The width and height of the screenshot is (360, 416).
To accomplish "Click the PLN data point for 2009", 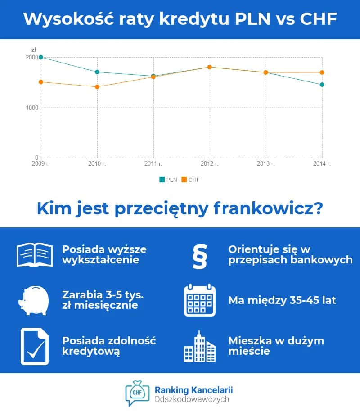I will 41,57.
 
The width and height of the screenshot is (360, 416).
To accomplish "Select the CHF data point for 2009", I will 41,82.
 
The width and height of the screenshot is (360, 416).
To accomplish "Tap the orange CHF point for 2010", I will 97,87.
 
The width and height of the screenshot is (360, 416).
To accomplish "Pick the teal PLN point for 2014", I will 322,85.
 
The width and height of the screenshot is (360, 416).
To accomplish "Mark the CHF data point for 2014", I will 322,72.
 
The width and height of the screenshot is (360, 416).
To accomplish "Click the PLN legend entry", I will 168,180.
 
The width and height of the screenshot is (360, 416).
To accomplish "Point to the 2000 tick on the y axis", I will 32,57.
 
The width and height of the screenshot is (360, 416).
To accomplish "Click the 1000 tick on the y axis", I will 32,108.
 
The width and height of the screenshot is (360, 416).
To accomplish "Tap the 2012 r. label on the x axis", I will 210,164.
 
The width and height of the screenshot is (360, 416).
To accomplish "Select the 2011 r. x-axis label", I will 153,164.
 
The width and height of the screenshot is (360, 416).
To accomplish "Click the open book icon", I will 35,255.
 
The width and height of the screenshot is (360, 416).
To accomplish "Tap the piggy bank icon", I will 34,300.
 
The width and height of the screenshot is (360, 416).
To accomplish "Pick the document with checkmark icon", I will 35,346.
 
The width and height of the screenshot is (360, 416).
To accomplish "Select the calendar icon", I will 200,300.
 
